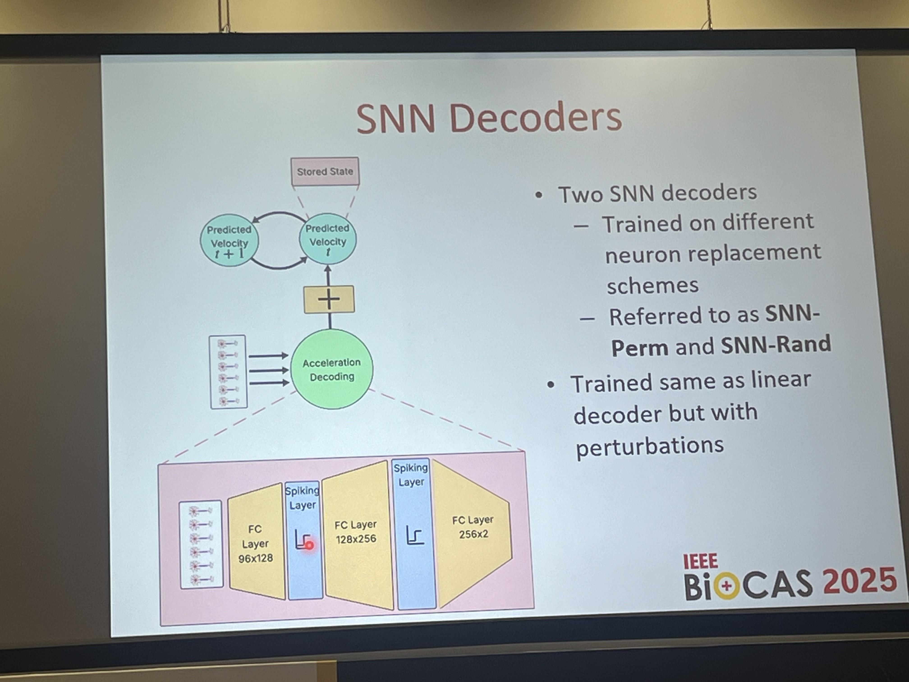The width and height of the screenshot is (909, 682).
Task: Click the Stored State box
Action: point(325,171)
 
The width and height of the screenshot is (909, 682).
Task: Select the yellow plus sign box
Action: point(329,299)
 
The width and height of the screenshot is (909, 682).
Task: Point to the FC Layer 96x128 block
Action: point(256,542)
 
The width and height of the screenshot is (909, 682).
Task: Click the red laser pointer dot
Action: point(310,545)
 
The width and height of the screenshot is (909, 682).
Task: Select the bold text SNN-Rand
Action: point(776,344)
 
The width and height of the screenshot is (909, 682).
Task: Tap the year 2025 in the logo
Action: point(860,581)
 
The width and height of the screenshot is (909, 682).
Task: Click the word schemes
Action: point(653,285)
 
